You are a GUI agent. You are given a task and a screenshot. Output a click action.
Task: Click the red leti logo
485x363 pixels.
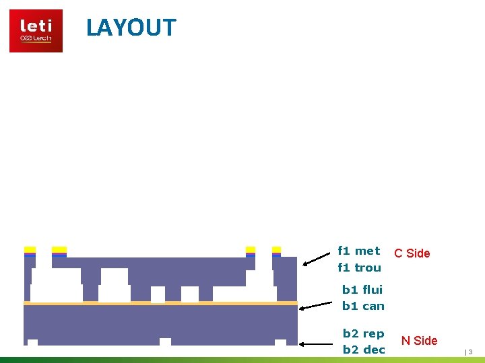(36, 31)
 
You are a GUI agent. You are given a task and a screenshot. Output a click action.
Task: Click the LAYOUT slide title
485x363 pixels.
(131, 28)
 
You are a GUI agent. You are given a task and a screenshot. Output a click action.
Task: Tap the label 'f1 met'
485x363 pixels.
(358, 251)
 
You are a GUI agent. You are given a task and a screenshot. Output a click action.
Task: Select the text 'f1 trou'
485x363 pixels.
(359, 268)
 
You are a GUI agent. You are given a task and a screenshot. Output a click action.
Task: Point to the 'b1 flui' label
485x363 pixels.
(362, 290)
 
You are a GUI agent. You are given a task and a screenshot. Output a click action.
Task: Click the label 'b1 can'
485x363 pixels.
(363, 306)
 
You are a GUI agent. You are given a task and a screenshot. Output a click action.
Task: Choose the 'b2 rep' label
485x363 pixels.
(364, 333)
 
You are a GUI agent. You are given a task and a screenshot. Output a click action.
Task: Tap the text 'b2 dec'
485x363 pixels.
(364, 350)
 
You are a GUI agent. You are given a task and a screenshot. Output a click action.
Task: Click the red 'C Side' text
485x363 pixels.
(412, 253)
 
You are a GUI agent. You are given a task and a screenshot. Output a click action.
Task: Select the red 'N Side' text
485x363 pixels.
(419, 341)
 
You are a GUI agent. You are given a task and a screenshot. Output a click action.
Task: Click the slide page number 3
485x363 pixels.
(470, 352)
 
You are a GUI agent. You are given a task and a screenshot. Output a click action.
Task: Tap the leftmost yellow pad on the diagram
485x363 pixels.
(30, 250)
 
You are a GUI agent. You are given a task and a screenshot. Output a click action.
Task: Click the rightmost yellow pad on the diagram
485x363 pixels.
(276, 250)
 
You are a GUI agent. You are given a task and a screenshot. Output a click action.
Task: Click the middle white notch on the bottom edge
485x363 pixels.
(165, 341)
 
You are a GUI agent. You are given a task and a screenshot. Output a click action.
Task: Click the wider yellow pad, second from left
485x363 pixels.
(59, 250)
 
